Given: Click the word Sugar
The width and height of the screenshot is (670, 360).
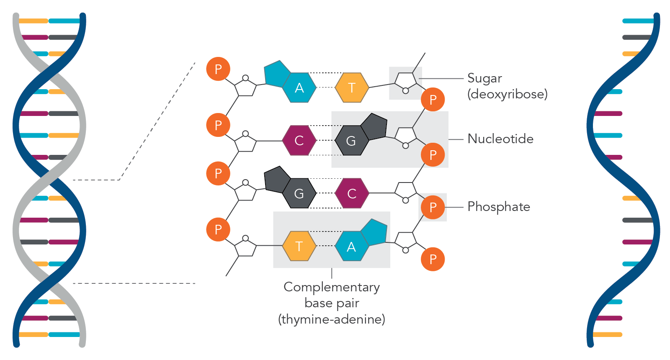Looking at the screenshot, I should click(x=484, y=78).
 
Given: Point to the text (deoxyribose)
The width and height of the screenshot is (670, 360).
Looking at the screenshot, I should click(x=507, y=94).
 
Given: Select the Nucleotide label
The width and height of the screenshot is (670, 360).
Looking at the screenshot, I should click(x=500, y=139).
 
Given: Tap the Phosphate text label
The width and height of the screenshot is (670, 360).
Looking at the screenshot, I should click(x=498, y=207).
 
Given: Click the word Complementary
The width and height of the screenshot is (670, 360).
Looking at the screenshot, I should click(x=331, y=287).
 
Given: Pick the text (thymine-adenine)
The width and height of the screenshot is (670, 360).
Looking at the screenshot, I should click(x=331, y=319).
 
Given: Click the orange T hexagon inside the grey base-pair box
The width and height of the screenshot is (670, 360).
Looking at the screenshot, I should click(x=299, y=246).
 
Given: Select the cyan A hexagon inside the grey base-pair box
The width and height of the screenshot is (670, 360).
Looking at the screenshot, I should click(x=352, y=247).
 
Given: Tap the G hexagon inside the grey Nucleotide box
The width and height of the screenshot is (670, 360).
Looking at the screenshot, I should click(x=351, y=141).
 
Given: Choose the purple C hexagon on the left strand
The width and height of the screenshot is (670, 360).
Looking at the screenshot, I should click(x=299, y=141).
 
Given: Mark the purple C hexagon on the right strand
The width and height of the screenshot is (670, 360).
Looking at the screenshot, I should click(x=352, y=193).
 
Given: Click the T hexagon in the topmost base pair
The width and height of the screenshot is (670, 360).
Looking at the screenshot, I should click(x=352, y=87).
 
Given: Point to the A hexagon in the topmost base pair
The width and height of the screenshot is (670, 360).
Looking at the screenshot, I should click(x=299, y=87).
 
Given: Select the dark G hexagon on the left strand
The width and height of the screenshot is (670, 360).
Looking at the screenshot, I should click(x=299, y=193).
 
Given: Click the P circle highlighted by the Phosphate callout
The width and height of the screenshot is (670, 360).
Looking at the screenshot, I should click(x=433, y=207).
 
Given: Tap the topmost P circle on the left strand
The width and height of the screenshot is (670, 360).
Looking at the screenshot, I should click(x=218, y=69).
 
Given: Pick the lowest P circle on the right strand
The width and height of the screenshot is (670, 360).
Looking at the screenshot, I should click(x=433, y=259).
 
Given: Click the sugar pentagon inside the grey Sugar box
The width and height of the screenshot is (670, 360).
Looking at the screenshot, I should click(x=406, y=81).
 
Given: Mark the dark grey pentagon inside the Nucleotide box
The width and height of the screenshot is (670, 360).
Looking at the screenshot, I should click(x=374, y=126).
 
